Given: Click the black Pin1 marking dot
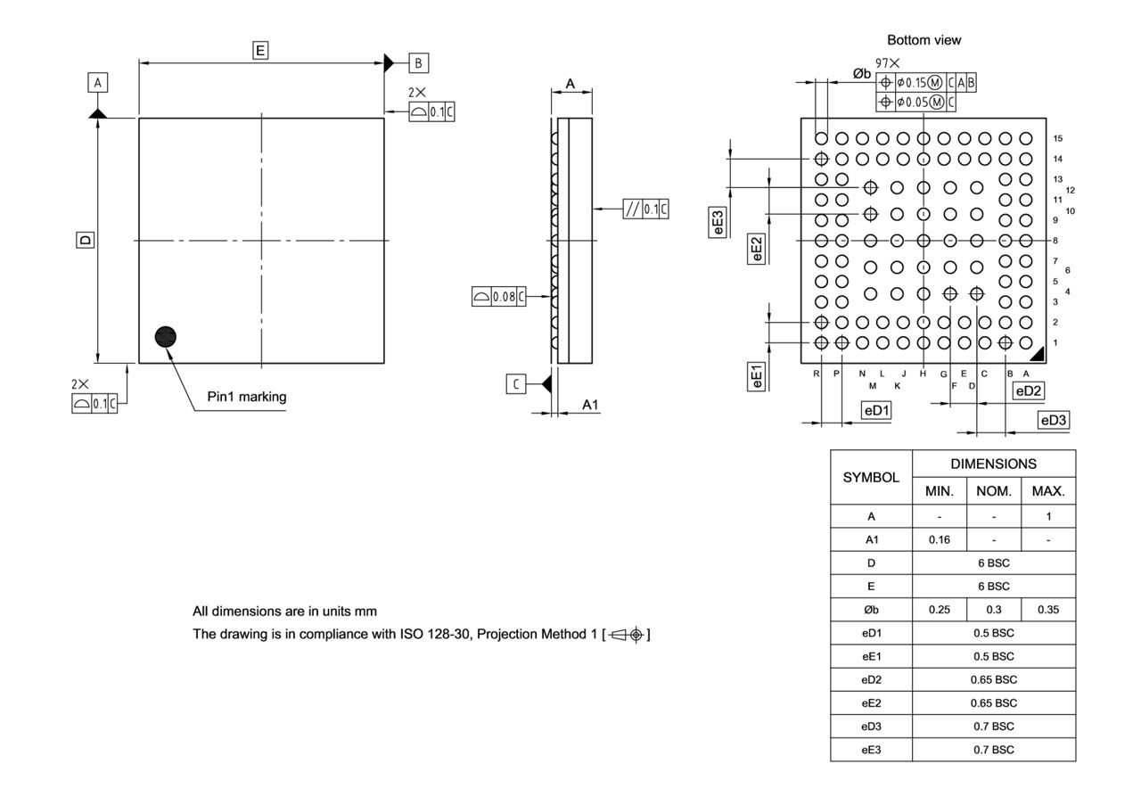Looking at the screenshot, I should pyautogui.click(x=165, y=336).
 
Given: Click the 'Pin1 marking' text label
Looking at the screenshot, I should pyautogui.click(x=247, y=397).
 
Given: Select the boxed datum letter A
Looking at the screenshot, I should pyautogui.click(x=97, y=83).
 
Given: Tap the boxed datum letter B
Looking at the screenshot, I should pyautogui.click(x=419, y=62).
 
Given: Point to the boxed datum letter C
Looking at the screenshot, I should pyautogui.click(x=516, y=384).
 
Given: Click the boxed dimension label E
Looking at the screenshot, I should pyautogui.click(x=260, y=51).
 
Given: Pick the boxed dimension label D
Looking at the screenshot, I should pyautogui.click(x=84, y=240).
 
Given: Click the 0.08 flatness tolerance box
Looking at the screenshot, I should pyautogui.click(x=498, y=297).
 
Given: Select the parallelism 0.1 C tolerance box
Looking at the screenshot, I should pyautogui.click(x=647, y=209).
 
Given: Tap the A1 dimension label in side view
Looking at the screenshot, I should pyautogui.click(x=590, y=405).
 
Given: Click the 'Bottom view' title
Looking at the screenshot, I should pyautogui.click(x=924, y=40).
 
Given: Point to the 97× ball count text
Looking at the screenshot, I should pyautogui.click(x=887, y=63).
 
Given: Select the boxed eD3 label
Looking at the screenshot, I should pyautogui.click(x=1053, y=420).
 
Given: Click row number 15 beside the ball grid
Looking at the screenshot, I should pyautogui.click(x=1057, y=138).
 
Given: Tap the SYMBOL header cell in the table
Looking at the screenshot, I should pyautogui.click(x=871, y=477).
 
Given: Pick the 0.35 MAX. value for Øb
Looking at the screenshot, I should pyautogui.click(x=1048, y=610).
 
